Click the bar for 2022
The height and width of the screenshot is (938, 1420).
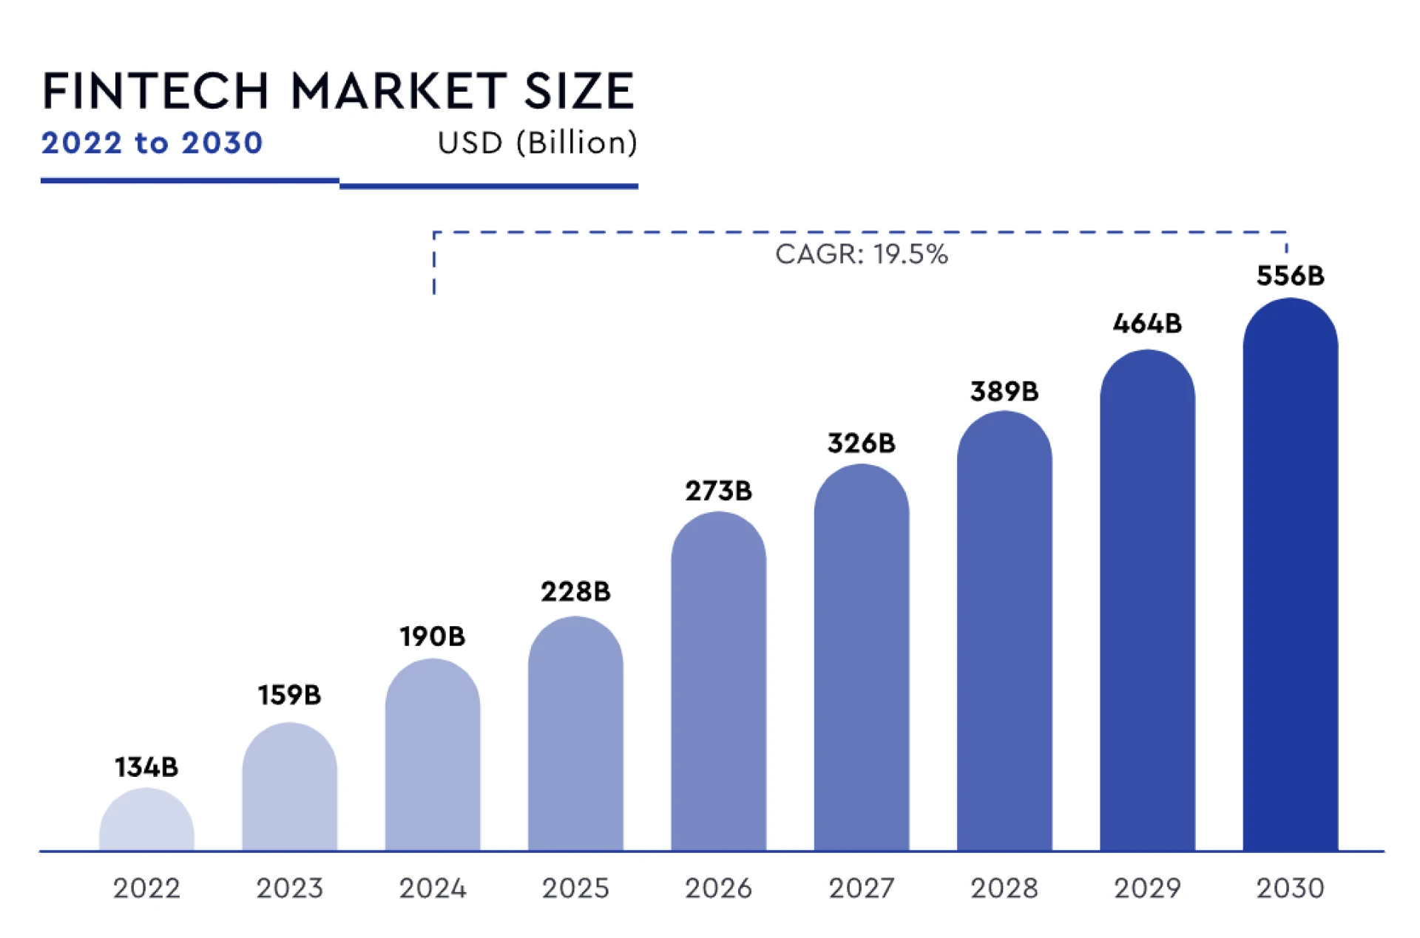146,820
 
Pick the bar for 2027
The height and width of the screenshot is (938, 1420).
861,658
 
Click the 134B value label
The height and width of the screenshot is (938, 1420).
146,767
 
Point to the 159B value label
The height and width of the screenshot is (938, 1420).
289,695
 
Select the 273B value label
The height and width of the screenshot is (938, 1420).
718,491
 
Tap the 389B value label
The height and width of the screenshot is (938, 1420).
1004,391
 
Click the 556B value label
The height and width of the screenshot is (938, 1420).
1290,276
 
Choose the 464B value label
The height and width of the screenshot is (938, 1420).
1147,323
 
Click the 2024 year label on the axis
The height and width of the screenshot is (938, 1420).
433,888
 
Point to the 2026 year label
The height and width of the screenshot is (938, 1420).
718,888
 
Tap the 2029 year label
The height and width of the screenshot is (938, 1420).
1147,888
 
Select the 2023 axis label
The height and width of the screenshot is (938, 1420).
289,888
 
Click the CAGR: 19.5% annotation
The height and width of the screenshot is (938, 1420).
861,254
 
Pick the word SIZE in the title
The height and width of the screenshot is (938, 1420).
579,92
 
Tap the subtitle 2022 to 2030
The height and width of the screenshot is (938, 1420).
152,143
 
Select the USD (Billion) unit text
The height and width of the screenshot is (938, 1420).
537,143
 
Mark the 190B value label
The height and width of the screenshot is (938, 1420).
433,636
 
